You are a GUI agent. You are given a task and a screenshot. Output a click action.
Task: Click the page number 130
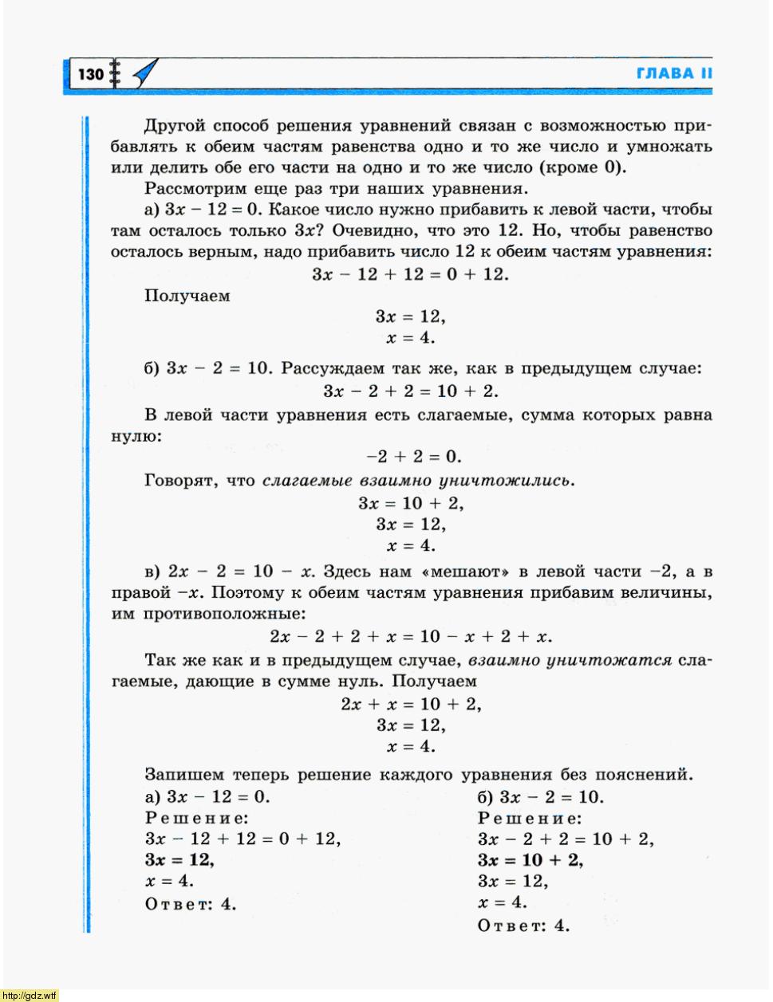tap(91, 74)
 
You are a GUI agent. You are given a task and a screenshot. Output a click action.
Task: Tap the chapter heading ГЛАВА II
tap(674, 73)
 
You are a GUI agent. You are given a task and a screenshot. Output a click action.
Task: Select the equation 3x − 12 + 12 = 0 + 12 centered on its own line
tap(410, 274)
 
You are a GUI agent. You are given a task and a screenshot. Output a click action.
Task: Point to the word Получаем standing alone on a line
tap(187, 296)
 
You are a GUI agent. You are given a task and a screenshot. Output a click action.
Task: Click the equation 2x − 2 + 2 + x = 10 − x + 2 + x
tap(411, 636)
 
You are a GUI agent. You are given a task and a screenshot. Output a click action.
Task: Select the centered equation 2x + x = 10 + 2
tap(411, 704)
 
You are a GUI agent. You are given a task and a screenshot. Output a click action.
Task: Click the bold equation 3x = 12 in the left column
tap(179, 860)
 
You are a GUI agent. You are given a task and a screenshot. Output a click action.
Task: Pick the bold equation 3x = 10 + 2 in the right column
tap(530, 860)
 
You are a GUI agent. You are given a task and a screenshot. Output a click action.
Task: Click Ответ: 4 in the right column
tap(524, 925)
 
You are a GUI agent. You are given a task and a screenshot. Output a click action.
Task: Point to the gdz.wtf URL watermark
tap(30, 995)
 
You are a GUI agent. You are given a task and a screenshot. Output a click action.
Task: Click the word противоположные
tap(224, 614)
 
